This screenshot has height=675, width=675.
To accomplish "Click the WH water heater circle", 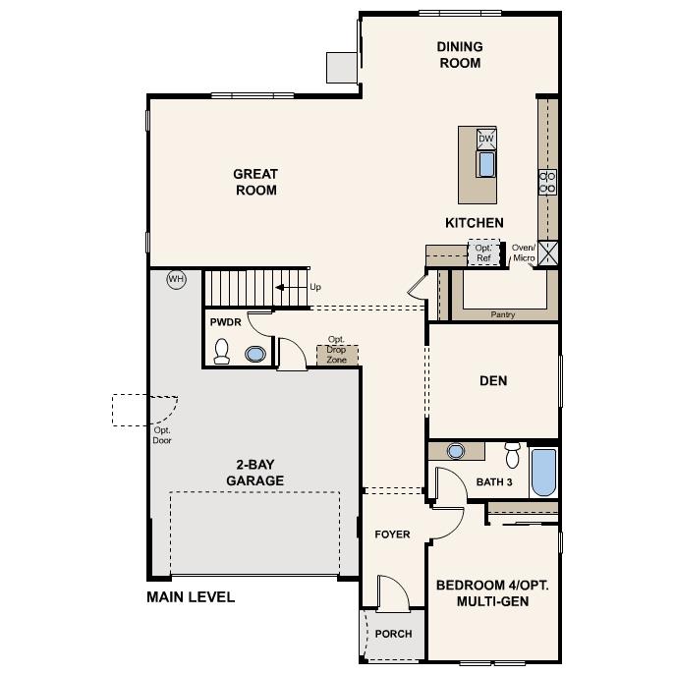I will tap(176, 279).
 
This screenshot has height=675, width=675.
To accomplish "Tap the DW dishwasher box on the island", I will tap(485, 139).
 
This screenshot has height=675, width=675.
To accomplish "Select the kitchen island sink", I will tap(485, 162).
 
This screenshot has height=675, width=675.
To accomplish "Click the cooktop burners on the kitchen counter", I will tap(547, 181).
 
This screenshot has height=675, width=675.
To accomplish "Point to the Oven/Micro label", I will tap(524, 253).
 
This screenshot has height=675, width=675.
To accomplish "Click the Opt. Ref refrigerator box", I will tap(483, 253).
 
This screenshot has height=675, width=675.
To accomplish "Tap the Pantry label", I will tap(503, 315).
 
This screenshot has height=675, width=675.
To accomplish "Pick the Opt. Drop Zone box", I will tap(337, 353).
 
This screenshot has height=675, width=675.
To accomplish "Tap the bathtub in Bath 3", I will tap(542, 473).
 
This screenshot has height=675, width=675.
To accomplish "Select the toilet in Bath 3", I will tap(511, 455).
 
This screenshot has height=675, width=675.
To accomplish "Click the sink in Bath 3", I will tap(456, 451).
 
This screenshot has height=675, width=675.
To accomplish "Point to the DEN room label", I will tap(493, 380).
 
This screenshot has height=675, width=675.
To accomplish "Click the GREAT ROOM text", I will tap(255, 182).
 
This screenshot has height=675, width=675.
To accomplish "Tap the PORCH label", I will tap(393, 634).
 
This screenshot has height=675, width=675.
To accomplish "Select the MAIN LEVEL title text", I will tap(191, 596).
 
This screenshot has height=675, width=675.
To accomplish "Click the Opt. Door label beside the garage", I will tap(162, 435).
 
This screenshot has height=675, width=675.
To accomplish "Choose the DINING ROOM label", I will tap(459, 55).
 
